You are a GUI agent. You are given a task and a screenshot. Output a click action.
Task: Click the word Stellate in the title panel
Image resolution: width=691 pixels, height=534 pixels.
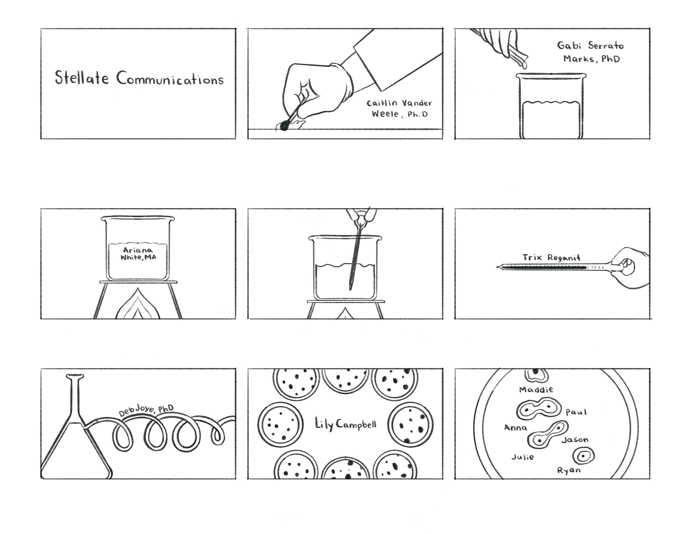click(82, 78)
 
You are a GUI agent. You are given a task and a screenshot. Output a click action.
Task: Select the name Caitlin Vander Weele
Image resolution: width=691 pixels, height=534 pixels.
click(399, 108)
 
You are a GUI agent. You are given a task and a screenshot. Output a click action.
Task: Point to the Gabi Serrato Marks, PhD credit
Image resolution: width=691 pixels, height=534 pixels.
click(590, 52)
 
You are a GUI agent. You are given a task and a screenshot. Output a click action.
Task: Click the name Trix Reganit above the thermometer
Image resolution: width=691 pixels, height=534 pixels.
click(551, 258)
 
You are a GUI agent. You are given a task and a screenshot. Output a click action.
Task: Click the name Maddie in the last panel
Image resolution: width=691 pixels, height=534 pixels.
click(536, 390)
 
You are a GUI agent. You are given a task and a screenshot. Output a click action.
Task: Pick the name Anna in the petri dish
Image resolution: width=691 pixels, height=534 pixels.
click(515, 428)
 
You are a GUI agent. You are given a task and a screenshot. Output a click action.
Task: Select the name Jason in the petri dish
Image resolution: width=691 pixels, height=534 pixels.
click(575, 439)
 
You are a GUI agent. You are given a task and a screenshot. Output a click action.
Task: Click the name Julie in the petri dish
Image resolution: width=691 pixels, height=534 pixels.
click(523, 457)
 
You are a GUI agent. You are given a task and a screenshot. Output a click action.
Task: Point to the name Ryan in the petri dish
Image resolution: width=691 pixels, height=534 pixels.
click(569, 470)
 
